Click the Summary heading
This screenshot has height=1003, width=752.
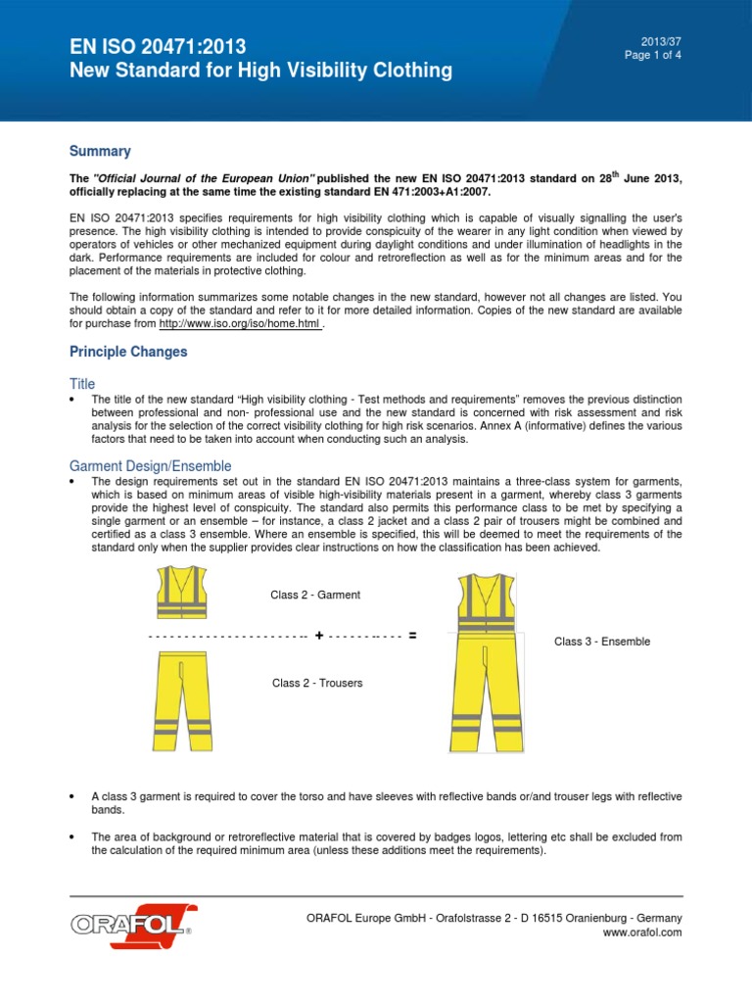tap(99, 151)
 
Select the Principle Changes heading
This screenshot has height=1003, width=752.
tap(127, 352)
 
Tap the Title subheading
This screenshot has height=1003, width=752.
tap(82, 384)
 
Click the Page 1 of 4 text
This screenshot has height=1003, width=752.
tap(653, 55)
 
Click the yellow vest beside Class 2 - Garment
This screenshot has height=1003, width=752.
tap(180, 594)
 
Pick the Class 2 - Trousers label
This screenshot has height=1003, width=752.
tap(317, 683)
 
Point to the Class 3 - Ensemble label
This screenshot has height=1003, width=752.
tap(602, 642)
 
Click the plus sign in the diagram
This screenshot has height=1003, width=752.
tap(319, 636)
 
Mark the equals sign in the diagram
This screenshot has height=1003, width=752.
tap(412, 636)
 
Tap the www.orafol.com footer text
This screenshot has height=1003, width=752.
tap(644, 933)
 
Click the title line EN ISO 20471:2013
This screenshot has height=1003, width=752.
tap(157, 46)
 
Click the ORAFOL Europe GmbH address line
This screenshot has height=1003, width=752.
tap(494, 917)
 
